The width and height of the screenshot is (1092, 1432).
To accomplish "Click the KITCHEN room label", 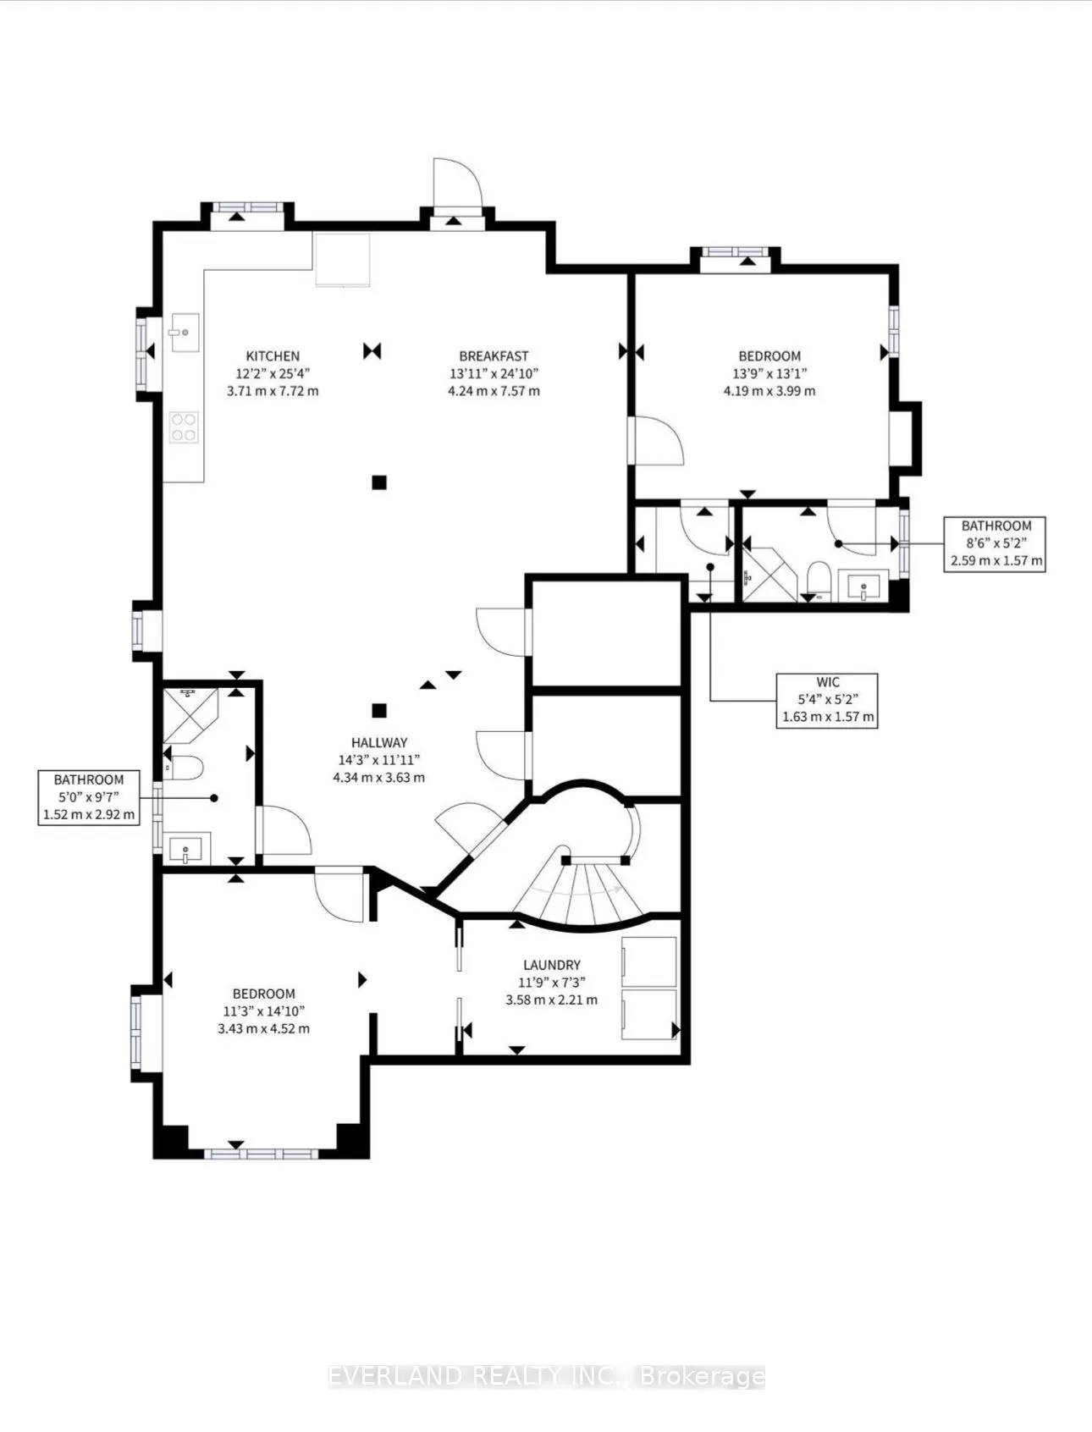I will pyautogui.click(x=273, y=356).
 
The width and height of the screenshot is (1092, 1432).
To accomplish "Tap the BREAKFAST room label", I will pyautogui.click(x=494, y=356).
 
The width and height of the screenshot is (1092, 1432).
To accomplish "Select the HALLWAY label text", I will pyautogui.click(x=379, y=742).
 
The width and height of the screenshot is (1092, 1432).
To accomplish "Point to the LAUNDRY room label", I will pyautogui.click(x=551, y=965).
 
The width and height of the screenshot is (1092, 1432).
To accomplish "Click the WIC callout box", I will pyautogui.click(x=827, y=699).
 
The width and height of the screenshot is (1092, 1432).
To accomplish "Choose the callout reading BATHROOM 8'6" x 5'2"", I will pyautogui.click(x=995, y=543).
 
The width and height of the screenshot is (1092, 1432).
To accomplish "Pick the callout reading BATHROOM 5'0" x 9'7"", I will pyautogui.click(x=89, y=797).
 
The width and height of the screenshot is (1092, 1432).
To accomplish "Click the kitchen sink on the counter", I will pyautogui.click(x=184, y=332).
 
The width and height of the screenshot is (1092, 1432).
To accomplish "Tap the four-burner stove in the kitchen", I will pyautogui.click(x=184, y=426).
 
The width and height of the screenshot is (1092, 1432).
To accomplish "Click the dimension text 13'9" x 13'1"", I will pyautogui.click(x=769, y=373).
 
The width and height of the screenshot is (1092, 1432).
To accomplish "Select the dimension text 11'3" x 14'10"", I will pyautogui.click(x=263, y=1011).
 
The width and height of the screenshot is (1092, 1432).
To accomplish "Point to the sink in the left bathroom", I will pyautogui.click(x=185, y=849).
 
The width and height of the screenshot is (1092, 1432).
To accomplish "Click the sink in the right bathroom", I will pyautogui.click(x=862, y=585).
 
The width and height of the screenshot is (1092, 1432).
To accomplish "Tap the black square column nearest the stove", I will pyautogui.click(x=379, y=482).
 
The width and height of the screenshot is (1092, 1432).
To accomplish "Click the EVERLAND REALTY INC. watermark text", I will pyautogui.click(x=546, y=1377).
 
